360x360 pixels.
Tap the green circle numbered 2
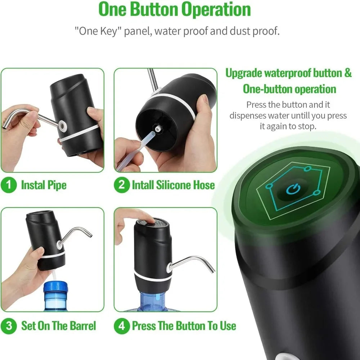coord(122,185)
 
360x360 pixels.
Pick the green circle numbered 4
coord(122,326)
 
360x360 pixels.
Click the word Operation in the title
coord(216,10)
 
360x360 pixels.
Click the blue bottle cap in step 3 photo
coord(55,288)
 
